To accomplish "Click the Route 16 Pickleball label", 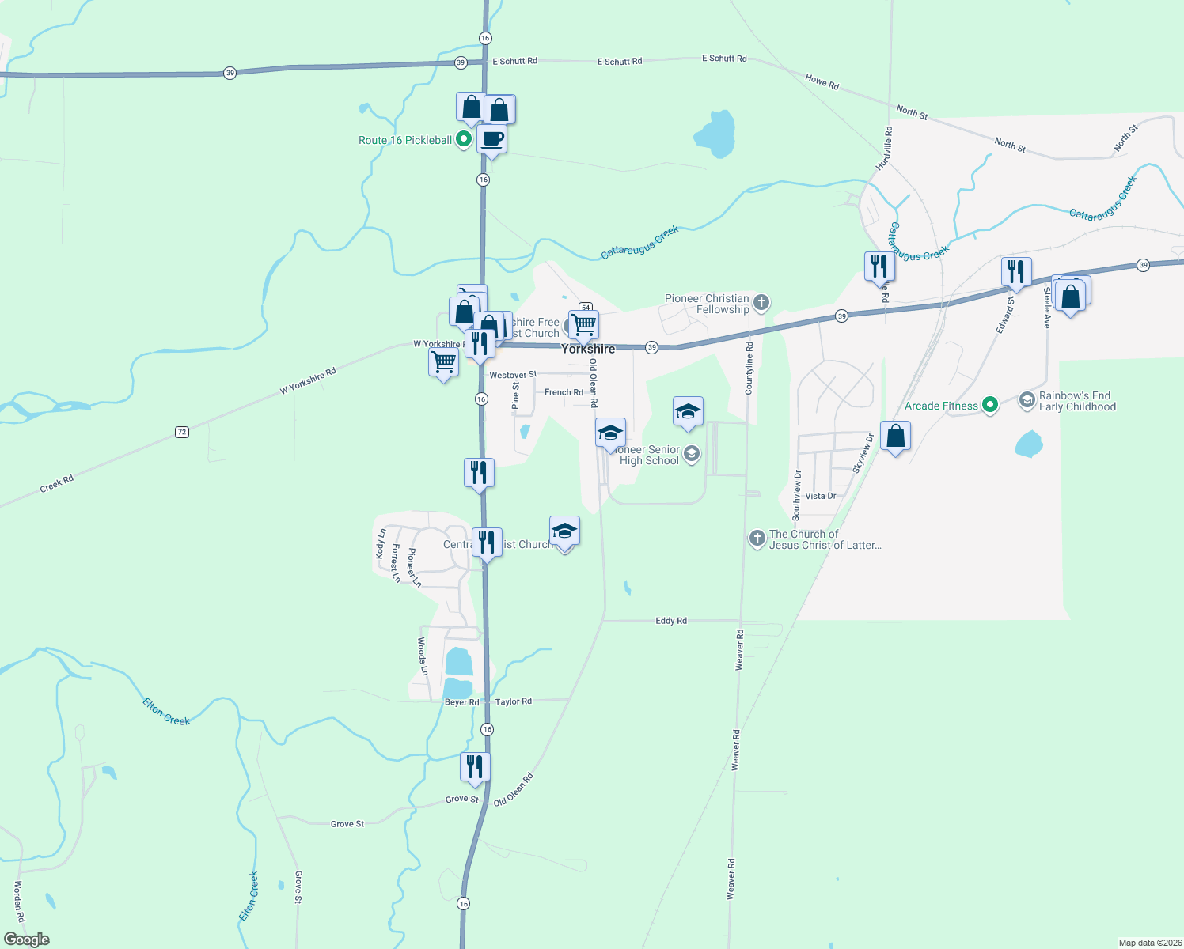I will click(x=404, y=140).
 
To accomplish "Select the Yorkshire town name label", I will click(x=588, y=349).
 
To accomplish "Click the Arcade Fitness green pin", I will click(x=989, y=406).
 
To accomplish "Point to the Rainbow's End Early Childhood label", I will click(x=1076, y=401).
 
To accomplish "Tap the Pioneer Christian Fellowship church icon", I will click(x=761, y=302).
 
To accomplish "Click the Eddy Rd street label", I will click(x=671, y=621).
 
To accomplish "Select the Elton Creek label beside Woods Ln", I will click(x=166, y=711).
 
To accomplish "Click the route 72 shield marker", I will click(x=182, y=432).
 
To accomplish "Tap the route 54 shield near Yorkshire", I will click(x=586, y=307).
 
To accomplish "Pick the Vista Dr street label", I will click(x=820, y=496).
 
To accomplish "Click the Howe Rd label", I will click(x=822, y=81).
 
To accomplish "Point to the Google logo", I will click(x=27, y=940).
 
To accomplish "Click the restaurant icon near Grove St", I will click(x=475, y=767).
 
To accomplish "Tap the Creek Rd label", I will click(x=56, y=484).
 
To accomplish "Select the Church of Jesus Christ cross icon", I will click(x=757, y=539).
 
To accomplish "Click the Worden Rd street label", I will click(x=19, y=901).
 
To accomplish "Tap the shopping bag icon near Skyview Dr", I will click(x=895, y=437).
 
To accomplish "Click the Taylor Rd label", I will click(x=514, y=701).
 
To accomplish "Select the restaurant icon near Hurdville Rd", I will click(x=879, y=267).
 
